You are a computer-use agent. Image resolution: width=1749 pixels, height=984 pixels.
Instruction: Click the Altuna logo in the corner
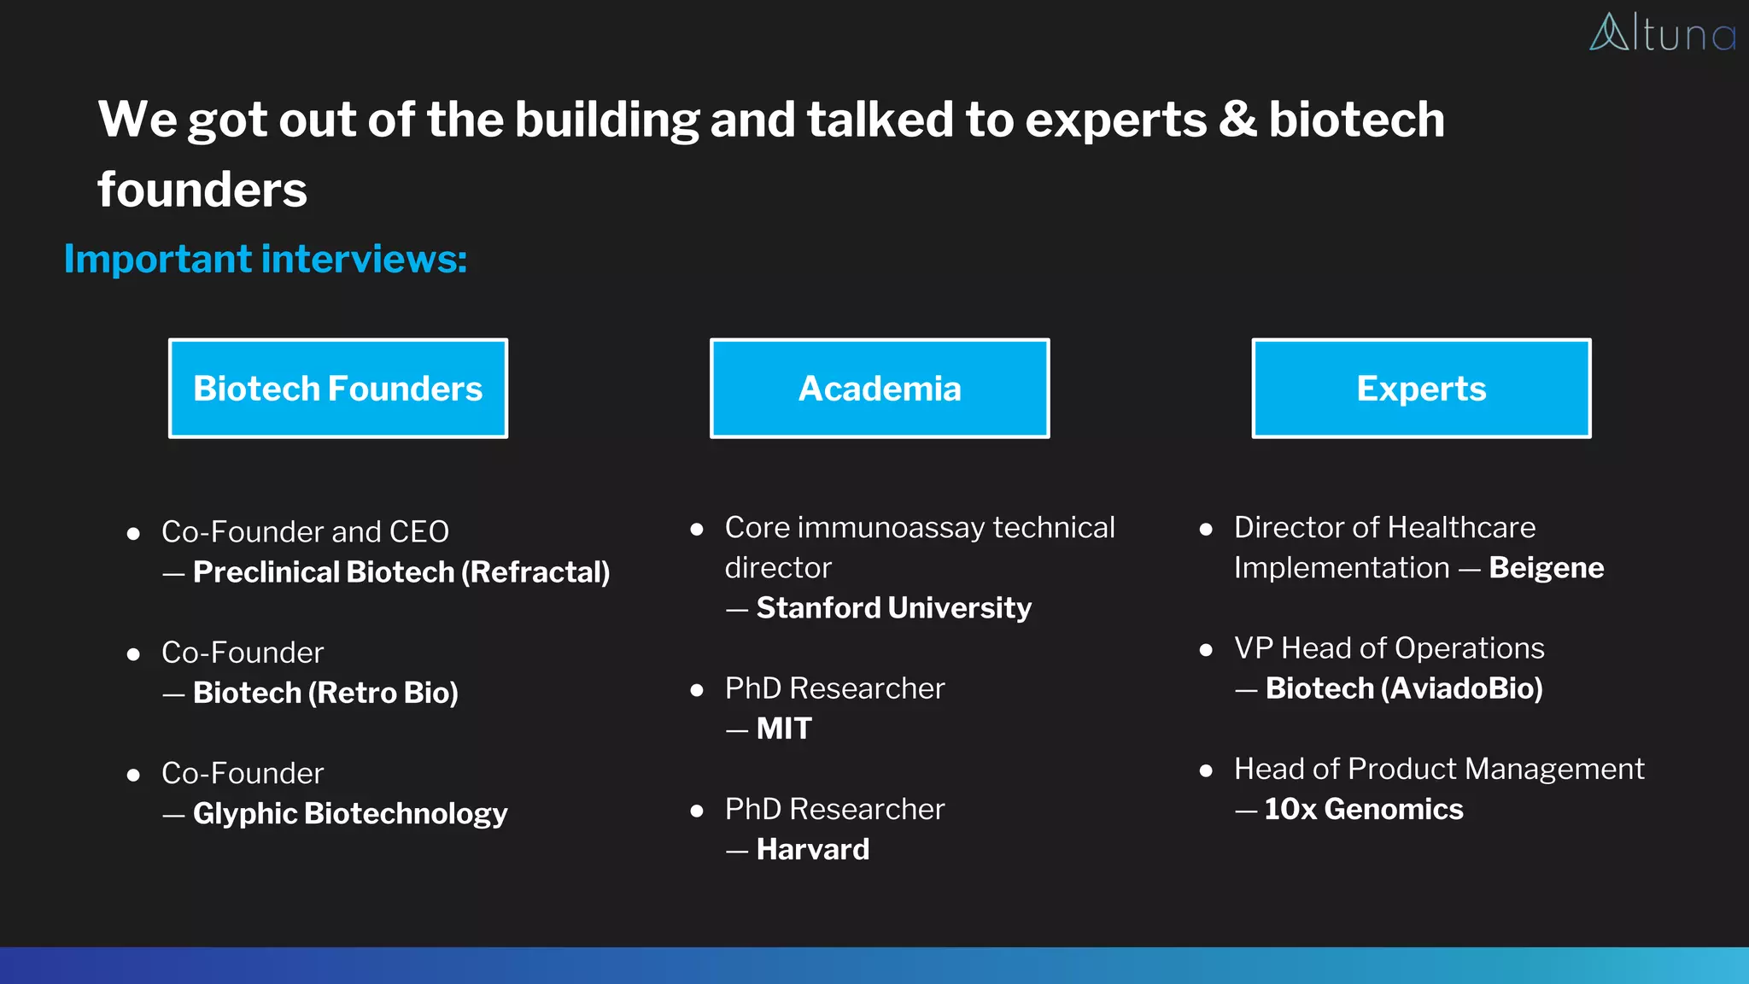coord(1661,33)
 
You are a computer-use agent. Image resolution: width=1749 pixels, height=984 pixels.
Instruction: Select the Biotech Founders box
coord(338,389)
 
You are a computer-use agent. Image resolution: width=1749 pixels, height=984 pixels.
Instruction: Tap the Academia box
coord(880,389)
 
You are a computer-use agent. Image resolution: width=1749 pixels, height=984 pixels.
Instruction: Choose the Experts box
coord(1421,389)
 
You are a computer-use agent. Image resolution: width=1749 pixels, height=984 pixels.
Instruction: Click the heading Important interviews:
coord(266,259)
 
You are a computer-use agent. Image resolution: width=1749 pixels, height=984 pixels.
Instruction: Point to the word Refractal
coord(535,572)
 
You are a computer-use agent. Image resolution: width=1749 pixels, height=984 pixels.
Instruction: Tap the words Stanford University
coord(893,608)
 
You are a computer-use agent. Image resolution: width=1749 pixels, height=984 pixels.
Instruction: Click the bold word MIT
coord(784,729)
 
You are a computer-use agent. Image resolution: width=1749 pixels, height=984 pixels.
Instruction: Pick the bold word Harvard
coord(813,850)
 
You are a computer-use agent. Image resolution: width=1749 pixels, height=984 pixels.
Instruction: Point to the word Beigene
coord(1546,568)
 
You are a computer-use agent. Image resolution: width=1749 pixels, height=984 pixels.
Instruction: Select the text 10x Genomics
coord(1364,810)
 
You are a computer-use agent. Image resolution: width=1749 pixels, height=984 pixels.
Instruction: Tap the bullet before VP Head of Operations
coord(1206,650)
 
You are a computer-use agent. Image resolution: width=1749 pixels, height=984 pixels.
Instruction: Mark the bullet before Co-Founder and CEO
coord(133,535)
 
